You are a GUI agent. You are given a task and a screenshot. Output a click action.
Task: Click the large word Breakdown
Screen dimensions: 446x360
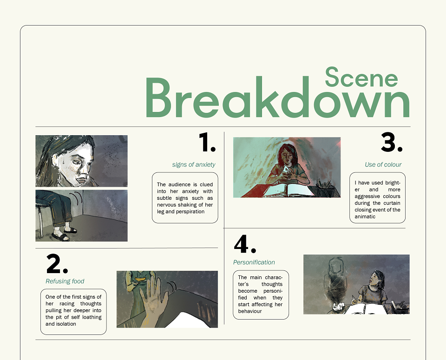(x=278, y=97)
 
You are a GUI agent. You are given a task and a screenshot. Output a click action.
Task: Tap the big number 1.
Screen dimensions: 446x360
(x=207, y=142)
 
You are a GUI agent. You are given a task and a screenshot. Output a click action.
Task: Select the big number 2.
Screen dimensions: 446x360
(x=57, y=263)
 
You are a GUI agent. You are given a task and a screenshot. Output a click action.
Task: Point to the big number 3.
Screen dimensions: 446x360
(x=391, y=142)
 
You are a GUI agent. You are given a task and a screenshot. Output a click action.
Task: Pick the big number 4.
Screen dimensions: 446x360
(x=245, y=244)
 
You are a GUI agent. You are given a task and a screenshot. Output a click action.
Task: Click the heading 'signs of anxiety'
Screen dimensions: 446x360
(x=194, y=164)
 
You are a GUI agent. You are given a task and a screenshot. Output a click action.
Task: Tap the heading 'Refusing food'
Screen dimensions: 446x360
(x=65, y=281)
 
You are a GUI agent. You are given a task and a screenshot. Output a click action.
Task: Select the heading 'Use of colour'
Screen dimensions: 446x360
(x=383, y=164)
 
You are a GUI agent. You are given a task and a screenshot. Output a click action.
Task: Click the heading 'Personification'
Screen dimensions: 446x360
(x=254, y=262)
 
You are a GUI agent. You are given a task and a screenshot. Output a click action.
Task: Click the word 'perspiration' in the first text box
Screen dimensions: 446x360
(x=190, y=211)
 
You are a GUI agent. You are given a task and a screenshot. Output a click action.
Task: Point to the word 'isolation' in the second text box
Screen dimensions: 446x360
(x=66, y=324)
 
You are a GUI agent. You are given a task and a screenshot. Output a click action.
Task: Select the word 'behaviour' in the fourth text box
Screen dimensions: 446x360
(x=250, y=311)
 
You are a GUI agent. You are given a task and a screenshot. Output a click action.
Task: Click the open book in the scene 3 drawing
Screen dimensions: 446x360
(x=289, y=190)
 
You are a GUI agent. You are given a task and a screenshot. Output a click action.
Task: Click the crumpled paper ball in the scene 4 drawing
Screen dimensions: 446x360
(x=339, y=306)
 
